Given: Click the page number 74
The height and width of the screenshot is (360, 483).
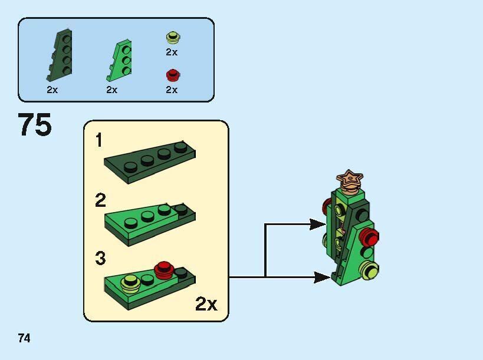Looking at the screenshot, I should pyautogui.click(x=24, y=338).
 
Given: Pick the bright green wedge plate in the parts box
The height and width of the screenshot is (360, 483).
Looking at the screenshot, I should pyautogui.click(x=120, y=61).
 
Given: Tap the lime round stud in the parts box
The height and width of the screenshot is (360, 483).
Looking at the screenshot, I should pyautogui.click(x=172, y=38).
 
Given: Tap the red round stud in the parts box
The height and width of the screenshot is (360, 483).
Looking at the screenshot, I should pyautogui.click(x=172, y=75).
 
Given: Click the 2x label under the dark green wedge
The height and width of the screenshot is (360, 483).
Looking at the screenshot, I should pyautogui.click(x=52, y=90).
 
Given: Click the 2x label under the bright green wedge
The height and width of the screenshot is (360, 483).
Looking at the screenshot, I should pyautogui.click(x=112, y=90).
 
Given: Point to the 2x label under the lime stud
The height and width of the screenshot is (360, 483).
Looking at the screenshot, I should pyautogui.click(x=172, y=52).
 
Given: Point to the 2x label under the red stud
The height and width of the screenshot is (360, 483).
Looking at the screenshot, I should pyautogui.click(x=172, y=90).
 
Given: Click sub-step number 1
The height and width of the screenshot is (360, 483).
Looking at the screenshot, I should pyautogui.click(x=99, y=140).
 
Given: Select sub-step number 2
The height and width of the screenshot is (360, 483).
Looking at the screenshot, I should pyautogui.click(x=100, y=201).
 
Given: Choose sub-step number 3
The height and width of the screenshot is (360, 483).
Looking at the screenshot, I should pyautogui.click(x=100, y=258).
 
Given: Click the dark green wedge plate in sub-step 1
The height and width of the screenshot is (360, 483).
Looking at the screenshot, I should pyautogui.click(x=150, y=161).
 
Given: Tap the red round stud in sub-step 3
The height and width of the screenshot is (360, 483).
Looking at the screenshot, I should pyautogui.click(x=163, y=269).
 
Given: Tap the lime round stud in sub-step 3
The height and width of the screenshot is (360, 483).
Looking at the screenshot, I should pyautogui.click(x=130, y=285).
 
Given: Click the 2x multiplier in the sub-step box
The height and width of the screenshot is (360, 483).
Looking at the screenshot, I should pyautogui.click(x=206, y=304).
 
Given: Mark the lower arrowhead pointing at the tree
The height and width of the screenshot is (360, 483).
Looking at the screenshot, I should pyautogui.click(x=321, y=277).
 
